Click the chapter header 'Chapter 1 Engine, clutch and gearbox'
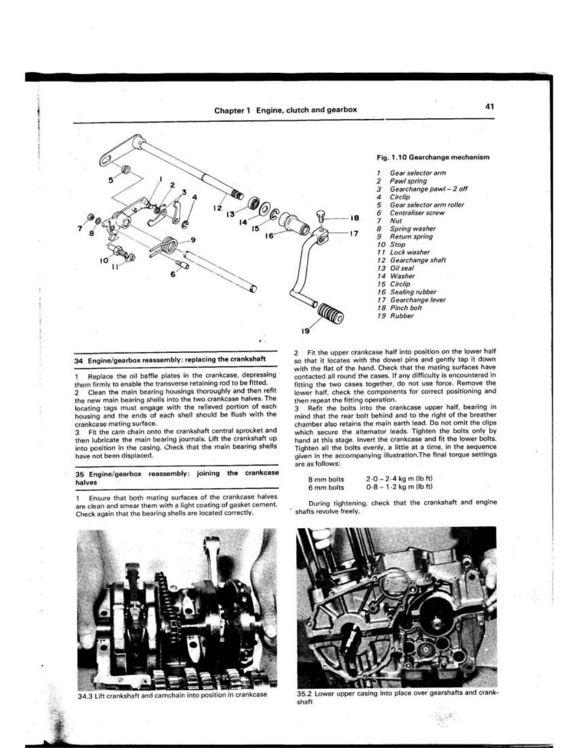click(286, 109)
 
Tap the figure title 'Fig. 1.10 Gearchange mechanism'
click(433, 157)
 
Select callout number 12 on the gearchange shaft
click(217, 207)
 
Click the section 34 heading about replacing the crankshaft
click(170, 359)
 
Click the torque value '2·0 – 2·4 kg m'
click(399, 479)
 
